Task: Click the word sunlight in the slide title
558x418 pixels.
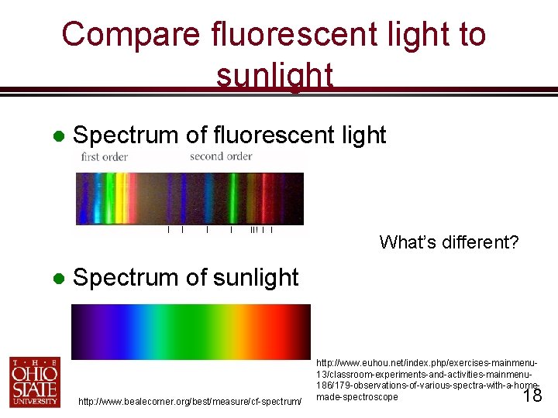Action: coord(274,76)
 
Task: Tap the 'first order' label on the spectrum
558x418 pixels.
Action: coord(105,157)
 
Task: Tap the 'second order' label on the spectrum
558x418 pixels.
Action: coord(221,156)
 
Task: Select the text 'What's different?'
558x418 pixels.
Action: coord(449,242)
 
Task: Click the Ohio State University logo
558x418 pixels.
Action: coord(34,381)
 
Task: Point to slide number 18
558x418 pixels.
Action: coord(532,396)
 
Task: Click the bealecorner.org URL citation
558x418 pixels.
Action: coord(190,401)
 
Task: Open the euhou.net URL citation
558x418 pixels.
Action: coord(426,379)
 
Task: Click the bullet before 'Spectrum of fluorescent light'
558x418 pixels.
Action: coord(57,135)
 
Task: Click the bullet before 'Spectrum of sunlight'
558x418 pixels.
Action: coord(57,278)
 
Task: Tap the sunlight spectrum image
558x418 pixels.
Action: coord(191,331)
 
